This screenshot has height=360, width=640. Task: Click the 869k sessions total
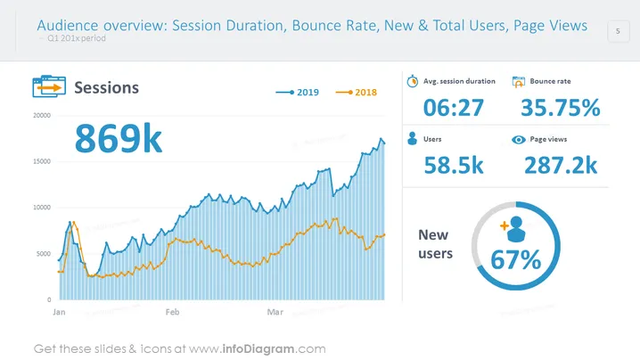tap(119, 139)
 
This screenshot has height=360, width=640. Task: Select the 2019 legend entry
tap(297, 93)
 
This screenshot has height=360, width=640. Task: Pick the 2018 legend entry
tap(356, 93)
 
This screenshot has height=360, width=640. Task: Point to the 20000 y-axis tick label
tap(42, 116)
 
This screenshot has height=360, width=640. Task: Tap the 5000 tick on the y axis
tap(44, 254)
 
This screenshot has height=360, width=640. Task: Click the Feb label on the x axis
tap(172, 312)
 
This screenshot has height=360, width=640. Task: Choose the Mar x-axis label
tap(275, 312)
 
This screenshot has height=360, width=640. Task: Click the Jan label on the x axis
tap(59, 312)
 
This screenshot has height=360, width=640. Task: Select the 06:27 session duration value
tap(454, 108)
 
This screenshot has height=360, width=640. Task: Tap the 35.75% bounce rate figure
tap(561, 108)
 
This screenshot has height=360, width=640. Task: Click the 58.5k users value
tap(454, 166)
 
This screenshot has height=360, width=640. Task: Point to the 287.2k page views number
tap(561, 166)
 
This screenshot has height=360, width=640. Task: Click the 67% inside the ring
tap(515, 260)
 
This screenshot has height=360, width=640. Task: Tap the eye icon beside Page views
tap(519, 140)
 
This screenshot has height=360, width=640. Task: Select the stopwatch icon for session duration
tap(412, 81)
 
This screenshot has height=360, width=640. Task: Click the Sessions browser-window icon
tap(49, 86)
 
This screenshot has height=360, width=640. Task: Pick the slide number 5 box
tap(618, 31)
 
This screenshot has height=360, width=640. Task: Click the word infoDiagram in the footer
tap(258, 349)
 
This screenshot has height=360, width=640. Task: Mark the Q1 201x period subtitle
tap(77, 38)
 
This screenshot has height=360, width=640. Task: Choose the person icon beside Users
tap(412, 139)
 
